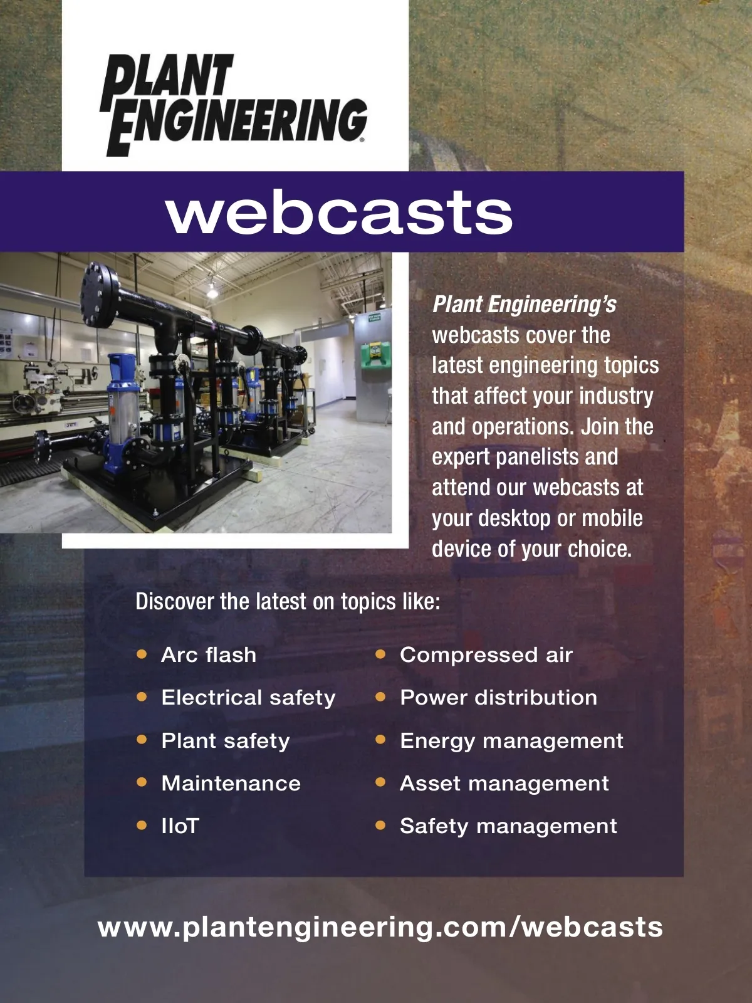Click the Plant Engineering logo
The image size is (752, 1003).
[234, 105]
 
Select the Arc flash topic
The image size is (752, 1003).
[209, 655]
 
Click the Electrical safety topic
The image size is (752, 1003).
[248, 698]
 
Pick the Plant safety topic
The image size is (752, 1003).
[226, 741]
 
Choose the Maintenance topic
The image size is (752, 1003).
[231, 783]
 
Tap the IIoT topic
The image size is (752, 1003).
[180, 826]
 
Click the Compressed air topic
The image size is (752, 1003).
[486, 655]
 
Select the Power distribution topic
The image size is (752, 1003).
[499, 698]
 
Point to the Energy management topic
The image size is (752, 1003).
[511, 741]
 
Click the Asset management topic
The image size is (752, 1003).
[504, 783]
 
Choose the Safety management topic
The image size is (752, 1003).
[508, 826]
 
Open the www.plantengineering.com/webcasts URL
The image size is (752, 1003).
[380, 928]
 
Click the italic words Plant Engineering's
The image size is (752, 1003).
[524, 305]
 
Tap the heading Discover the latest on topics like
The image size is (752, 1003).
[288, 601]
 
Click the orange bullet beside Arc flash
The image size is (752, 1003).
[142, 654]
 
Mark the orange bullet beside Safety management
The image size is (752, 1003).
[380, 826]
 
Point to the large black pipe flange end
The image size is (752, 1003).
[99, 295]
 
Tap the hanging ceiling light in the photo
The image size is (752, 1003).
[212, 290]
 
